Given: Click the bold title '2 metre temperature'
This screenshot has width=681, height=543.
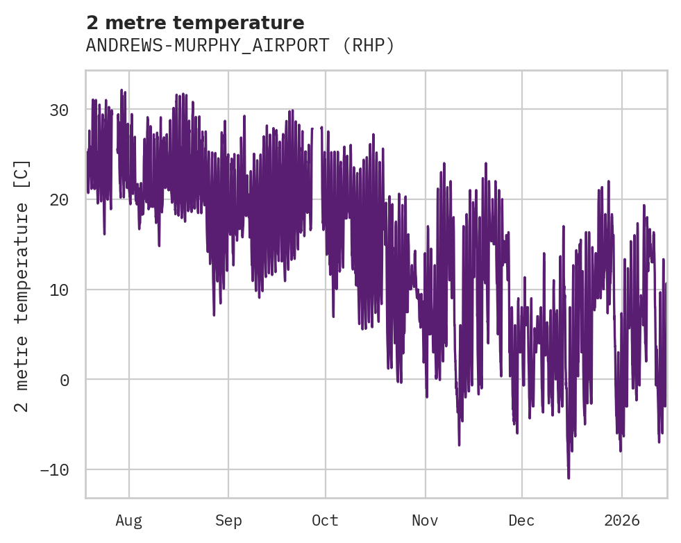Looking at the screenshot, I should point(195,23).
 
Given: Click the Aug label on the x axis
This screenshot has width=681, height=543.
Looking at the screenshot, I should point(129,521).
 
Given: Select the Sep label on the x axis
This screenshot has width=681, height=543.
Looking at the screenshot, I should point(228,521).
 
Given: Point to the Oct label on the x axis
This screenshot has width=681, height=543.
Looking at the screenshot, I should point(325,521).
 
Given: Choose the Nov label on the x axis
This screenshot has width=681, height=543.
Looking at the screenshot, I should point(425,521).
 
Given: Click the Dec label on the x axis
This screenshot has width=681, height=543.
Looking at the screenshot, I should point(521,521).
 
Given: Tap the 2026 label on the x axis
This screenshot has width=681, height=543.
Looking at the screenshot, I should point(622,521).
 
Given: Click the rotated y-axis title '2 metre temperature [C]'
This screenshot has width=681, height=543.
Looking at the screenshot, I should point(22,285).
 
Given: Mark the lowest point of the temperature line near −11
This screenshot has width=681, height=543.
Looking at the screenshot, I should point(569,478).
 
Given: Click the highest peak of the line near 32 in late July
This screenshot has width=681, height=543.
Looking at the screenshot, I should point(121,90).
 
